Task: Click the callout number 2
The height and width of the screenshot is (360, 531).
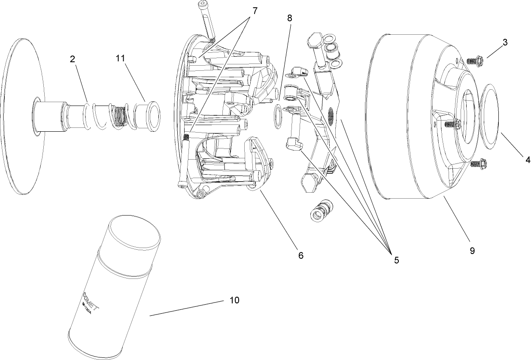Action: click(73, 60)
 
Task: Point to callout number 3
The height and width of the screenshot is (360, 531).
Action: click(505, 43)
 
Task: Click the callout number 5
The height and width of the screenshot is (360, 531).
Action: click(394, 260)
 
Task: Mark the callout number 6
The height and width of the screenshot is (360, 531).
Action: click(300, 255)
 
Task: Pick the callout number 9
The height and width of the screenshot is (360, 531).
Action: click(472, 251)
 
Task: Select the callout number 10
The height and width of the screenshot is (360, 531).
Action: click(234, 300)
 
